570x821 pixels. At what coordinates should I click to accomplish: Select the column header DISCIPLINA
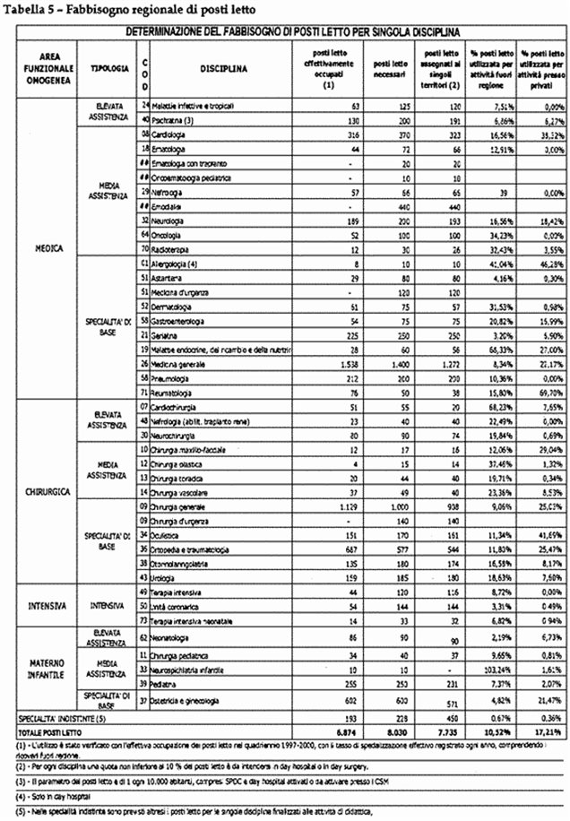point(224,68)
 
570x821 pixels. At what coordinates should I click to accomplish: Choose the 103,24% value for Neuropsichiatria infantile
point(484,669)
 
